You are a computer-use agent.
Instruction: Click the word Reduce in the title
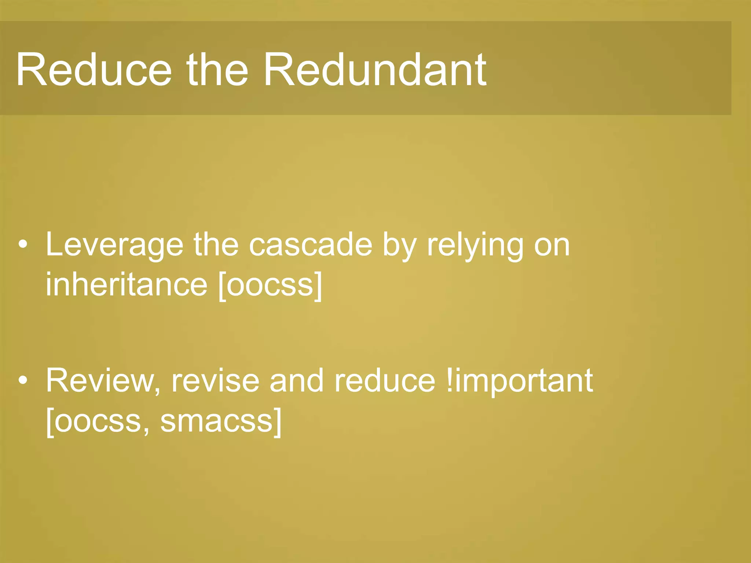(94, 70)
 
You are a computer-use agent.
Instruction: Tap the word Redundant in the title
(375, 70)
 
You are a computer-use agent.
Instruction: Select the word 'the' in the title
(217, 70)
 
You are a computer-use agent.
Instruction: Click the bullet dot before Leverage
(23, 244)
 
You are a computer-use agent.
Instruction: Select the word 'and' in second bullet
(297, 381)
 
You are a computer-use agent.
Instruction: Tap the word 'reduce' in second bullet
(385, 381)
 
